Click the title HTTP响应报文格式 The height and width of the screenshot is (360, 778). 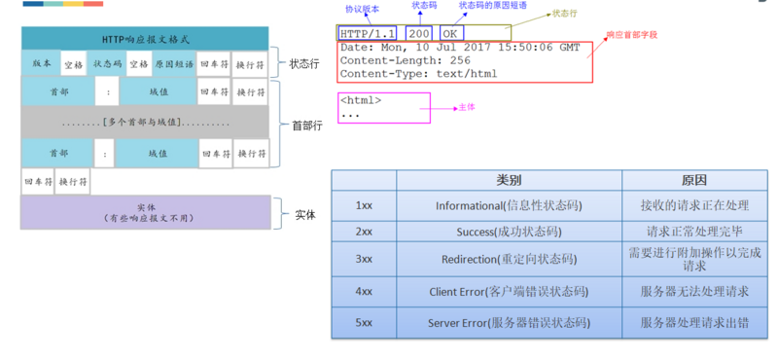pyautogui.click(x=145, y=39)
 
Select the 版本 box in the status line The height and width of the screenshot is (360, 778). pyautogui.click(x=41, y=64)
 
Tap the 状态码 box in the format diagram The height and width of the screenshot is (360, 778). pyautogui.click(x=107, y=64)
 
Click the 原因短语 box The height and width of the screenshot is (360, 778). pyautogui.click(x=174, y=64)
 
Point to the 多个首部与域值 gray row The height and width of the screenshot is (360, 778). pyautogui.click(x=145, y=123)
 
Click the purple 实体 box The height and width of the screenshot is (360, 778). pyautogui.click(x=145, y=213)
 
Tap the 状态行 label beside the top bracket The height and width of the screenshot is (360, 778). pyautogui.click(x=302, y=64)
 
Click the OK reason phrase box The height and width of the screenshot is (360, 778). pyautogui.click(x=450, y=33)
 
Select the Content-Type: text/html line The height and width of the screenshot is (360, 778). pyautogui.click(x=418, y=73)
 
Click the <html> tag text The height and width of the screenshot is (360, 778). pyautogui.click(x=361, y=100)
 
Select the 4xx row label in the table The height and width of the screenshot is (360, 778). pyautogui.click(x=364, y=291)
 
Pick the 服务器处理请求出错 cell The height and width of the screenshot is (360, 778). pyautogui.click(x=694, y=322)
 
